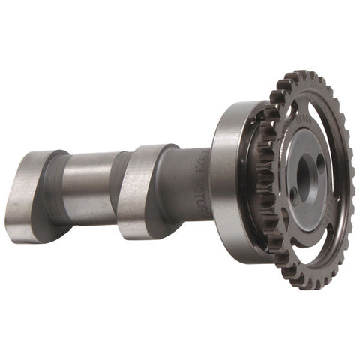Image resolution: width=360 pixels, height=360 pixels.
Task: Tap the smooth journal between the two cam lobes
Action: [90, 187]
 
